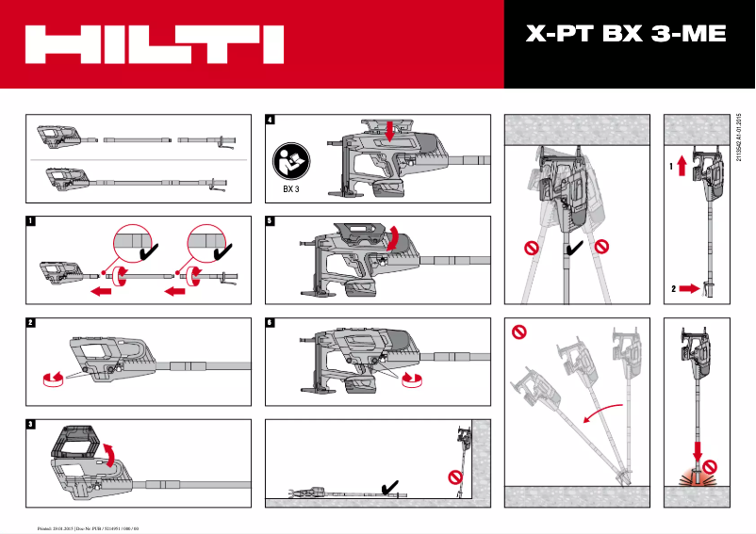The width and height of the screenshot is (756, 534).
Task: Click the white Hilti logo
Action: click(155, 44)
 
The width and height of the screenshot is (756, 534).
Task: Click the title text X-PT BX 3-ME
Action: click(625, 35)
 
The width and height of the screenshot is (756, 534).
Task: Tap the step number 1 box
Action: click(31, 222)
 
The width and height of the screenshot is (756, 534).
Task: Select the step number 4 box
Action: click(271, 120)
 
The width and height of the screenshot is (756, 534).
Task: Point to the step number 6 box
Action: click(271, 322)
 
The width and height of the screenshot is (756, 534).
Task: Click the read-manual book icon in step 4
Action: click(291, 162)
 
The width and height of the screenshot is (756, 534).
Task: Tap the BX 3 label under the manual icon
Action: click(291, 187)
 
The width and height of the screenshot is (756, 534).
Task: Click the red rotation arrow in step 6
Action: click(411, 378)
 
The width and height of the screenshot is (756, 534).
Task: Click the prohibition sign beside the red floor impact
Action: click(723, 464)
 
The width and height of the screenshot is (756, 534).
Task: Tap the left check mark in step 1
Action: click(149, 252)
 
